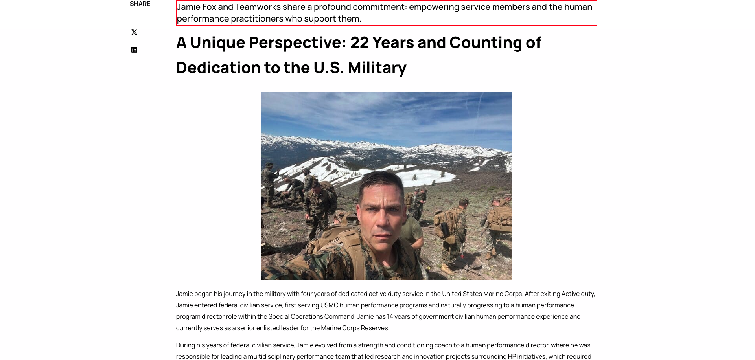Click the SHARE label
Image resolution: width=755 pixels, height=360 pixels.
140,4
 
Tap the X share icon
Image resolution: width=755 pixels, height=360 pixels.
134,32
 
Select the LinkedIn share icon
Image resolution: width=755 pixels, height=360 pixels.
134,50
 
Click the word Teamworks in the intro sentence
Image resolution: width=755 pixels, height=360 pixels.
258,7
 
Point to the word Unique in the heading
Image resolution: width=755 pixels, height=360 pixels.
217,42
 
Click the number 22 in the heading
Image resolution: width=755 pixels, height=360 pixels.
359,42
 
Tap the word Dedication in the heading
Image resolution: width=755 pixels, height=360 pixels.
218,68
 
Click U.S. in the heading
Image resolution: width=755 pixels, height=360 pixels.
329,68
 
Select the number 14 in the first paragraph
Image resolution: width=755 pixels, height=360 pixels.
390,316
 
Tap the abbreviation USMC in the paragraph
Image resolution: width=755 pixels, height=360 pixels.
329,305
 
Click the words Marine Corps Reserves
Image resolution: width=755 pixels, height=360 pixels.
354,328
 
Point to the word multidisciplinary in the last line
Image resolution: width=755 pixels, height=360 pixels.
271,356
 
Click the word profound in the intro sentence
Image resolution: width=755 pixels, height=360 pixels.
332,7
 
